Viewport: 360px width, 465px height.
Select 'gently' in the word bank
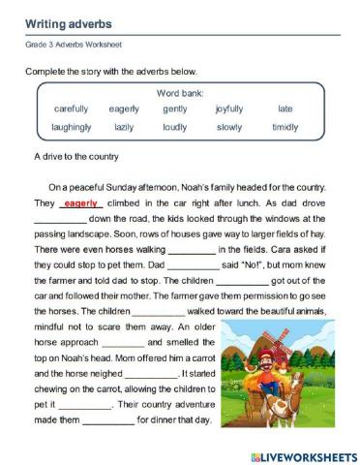click(175, 108)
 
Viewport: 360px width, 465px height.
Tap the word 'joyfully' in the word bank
click(229, 108)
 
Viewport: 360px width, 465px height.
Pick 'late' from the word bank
click(285, 108)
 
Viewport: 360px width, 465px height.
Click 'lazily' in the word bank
click(124, 127)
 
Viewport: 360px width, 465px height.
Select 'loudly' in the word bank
click(175, 127)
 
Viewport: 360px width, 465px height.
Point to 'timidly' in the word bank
click(285, 127)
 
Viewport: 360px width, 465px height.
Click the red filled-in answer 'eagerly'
click(81, 204)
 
